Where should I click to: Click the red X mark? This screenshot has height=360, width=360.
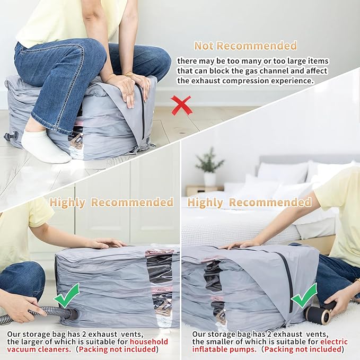tap(181, 106)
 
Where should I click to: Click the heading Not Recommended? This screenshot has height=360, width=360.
tap(245, 46)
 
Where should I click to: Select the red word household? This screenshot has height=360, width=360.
tap(149, 341)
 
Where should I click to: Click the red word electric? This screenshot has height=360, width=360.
tap(334, 341)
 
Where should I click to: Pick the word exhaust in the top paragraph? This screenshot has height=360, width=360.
tap(206, 81)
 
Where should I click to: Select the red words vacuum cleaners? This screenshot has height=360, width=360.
tap(39, 349)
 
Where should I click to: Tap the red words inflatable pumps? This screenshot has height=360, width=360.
tap(224, 349)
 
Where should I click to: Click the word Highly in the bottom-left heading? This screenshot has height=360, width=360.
tap(67, 203)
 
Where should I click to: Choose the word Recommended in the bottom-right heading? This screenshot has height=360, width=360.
tap(270, 203)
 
